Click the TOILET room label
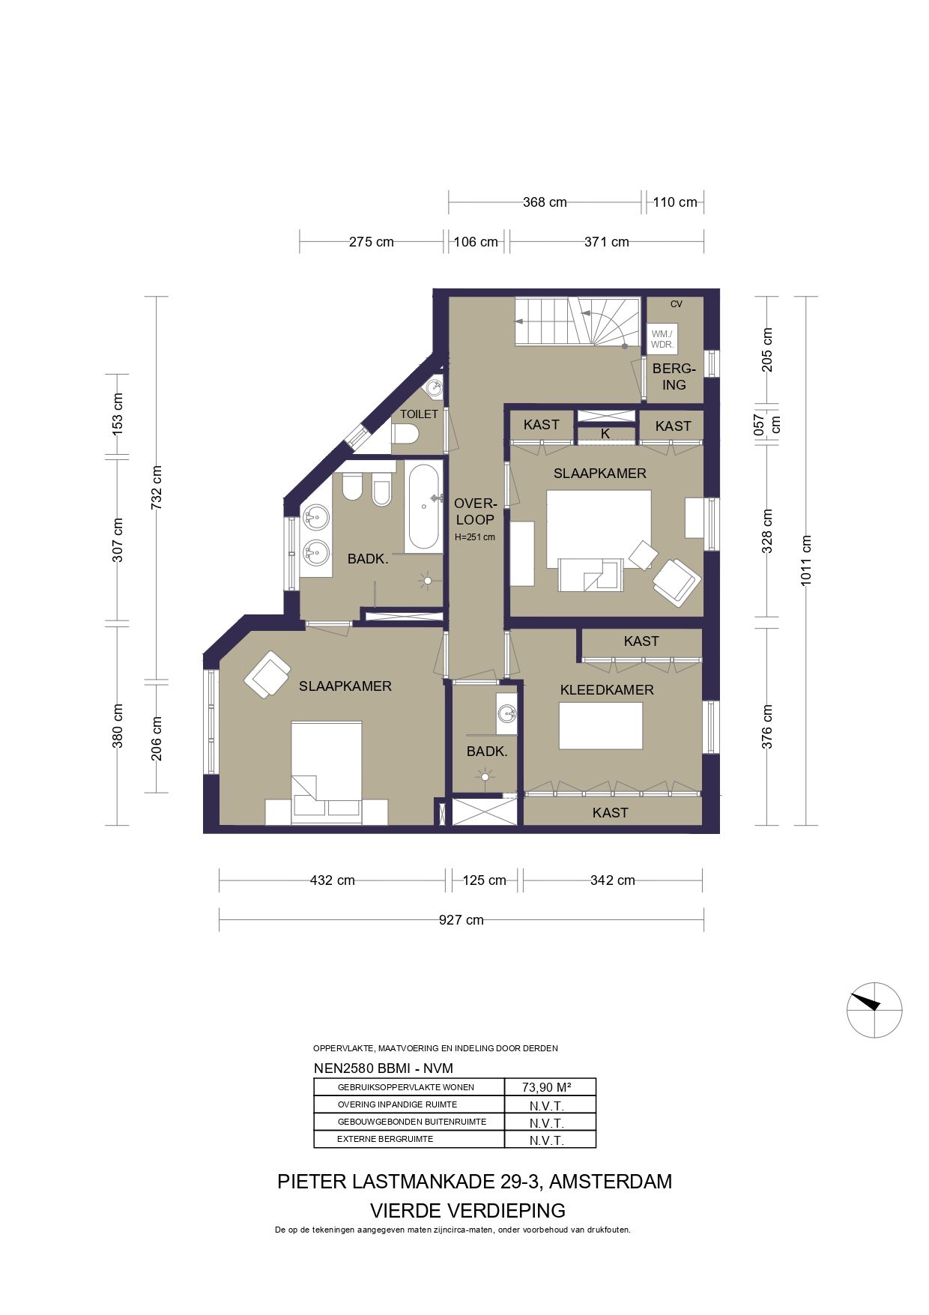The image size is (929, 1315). pos(419,414)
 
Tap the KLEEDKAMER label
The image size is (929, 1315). pos(607,690)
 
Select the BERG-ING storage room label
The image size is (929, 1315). pos(674,377)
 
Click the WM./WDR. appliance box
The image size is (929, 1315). pos(662,339)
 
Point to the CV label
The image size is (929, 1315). pos(677,304)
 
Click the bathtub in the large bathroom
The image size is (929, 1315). pos(424,508)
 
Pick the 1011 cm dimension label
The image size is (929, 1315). pos(806,560)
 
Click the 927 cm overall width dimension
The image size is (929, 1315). pos(462,920)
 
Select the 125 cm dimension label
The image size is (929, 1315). pos(484,880)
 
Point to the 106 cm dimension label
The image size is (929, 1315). pos(476,242)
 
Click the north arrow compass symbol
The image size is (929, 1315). pos(874,1009)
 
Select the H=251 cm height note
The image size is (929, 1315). pos(475,537)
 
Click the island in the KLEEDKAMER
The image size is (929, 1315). pos(601,725)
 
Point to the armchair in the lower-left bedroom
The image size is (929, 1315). pos(267,674)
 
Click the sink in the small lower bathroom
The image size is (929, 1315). pos(506,713)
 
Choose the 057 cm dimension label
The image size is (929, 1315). pos(766,425)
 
